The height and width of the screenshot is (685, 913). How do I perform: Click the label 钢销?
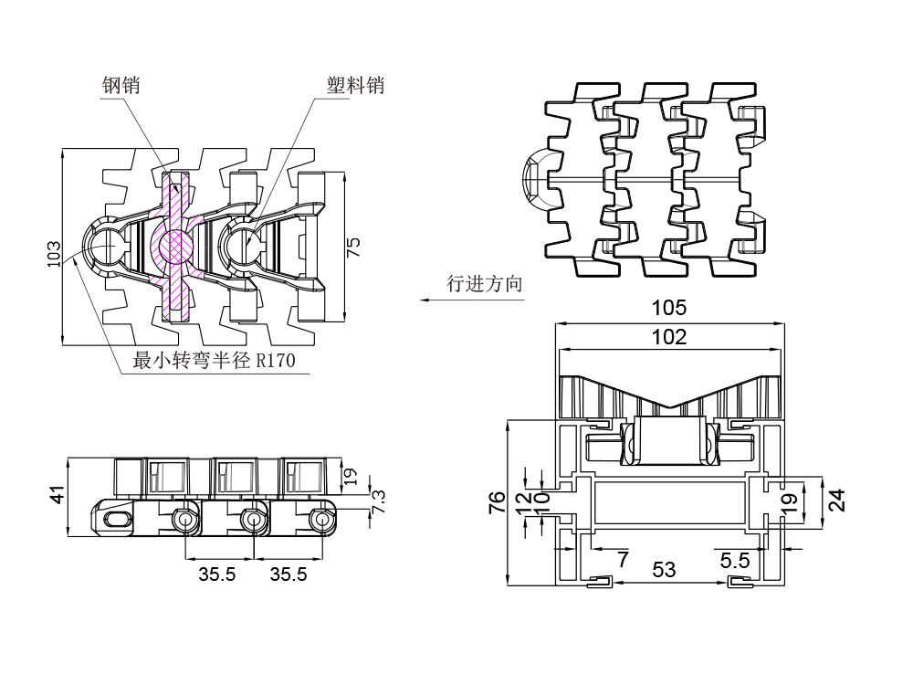point(121,86)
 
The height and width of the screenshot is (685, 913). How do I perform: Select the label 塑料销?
point(356,86)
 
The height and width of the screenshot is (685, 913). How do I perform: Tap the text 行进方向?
point(485,284)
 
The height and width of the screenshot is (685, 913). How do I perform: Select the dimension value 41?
point(57,496)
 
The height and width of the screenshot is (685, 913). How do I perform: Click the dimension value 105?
point(669,308)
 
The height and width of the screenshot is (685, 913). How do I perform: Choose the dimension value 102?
point(669,337)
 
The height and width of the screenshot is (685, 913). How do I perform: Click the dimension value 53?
point(665,570)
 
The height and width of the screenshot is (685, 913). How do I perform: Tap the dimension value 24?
point(836,501)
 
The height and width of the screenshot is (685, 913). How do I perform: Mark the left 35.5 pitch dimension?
point(218,574)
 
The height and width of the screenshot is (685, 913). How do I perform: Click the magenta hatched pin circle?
point(173,247)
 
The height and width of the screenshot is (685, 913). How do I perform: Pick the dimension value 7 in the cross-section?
point(623,560)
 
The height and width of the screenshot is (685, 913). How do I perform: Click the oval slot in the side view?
point(119,519)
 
